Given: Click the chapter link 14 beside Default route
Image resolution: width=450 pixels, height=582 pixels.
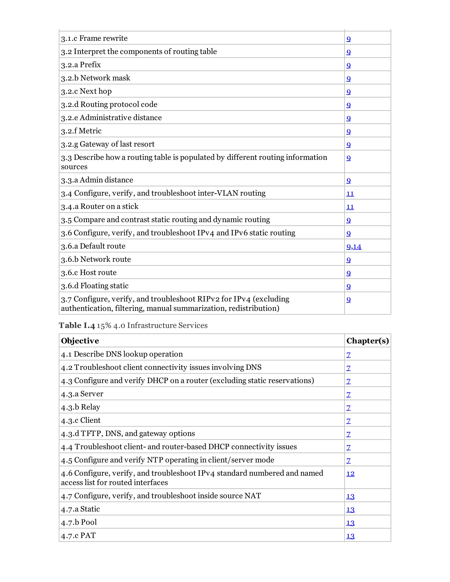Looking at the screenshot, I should (357, 246).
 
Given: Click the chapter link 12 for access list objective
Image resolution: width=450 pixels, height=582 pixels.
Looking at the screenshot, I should (350, 474).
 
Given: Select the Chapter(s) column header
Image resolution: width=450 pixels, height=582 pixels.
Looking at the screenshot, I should (367, 341).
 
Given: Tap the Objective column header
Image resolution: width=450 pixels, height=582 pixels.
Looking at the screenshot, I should (80, 341).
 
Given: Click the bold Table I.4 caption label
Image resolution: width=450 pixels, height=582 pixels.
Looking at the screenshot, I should (77, 325).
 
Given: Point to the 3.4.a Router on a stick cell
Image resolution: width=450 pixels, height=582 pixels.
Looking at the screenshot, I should (100, 206).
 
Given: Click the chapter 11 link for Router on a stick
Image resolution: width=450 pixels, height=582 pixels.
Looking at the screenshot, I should (350, 207).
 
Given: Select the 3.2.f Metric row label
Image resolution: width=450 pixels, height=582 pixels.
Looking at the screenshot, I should (81, 131).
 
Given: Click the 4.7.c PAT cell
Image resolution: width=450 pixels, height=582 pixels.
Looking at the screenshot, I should (78, 535).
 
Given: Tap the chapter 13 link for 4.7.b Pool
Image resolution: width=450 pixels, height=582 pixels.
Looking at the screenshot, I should (350, 522).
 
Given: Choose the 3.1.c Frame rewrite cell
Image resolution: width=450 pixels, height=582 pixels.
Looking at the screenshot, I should (94, 38).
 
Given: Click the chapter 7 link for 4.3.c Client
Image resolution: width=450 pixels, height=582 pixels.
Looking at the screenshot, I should (348, 421).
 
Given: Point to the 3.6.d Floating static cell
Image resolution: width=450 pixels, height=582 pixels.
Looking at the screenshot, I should (95, 286).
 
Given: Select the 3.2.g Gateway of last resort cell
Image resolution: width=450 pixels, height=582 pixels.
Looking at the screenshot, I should (108, 144).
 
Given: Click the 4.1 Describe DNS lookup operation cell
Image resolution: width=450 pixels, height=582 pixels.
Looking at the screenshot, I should (122, 354).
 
